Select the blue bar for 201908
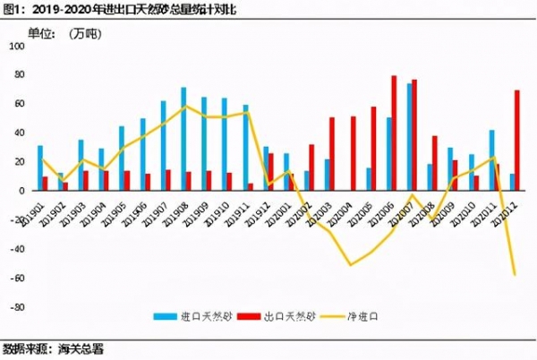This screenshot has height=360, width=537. [x=183, y=139]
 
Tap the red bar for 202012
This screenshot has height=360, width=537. [x=516, y=140]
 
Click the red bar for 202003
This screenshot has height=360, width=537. [x=332, y=153]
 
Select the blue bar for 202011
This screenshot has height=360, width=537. [x=491, y=159]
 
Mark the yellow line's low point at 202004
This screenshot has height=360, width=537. [x=351, y=264]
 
